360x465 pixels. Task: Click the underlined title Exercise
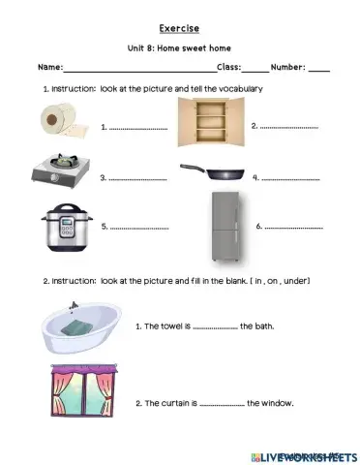click(180, 29)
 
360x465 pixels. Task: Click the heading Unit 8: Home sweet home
click(180, 49)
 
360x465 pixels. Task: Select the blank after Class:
click(255, 69)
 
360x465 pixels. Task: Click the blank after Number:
click(319, 69)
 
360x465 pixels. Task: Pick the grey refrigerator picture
click(222, 229)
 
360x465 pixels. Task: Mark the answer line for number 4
click(289, 179)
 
